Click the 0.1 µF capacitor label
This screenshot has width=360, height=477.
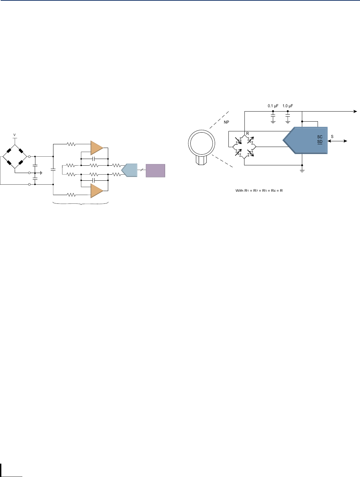(x=273, y=106)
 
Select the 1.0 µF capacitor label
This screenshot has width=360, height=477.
(x=288, y=106)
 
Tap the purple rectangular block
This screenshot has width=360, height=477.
(x=155, y=170)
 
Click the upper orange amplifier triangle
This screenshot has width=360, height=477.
(x=97, y=148)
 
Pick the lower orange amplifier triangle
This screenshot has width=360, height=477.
(x=97, y=191)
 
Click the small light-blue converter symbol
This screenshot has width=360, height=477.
(x=130, y=170)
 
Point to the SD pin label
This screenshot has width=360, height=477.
(x=320, y=142)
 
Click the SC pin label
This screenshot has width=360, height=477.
(x=320, y=137)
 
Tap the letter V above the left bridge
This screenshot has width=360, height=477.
(x=14, y=135)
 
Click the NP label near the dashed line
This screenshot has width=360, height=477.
(x=226, y=122)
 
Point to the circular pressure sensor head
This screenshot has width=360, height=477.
(x=201, y=143)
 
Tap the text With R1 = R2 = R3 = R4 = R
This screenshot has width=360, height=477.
(x=259, y=191)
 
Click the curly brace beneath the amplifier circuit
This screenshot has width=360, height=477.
(x=81, y=203)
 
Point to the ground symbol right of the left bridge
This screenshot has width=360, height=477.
(x=41, y=173)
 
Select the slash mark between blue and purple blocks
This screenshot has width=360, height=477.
(x=142, y=170)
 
